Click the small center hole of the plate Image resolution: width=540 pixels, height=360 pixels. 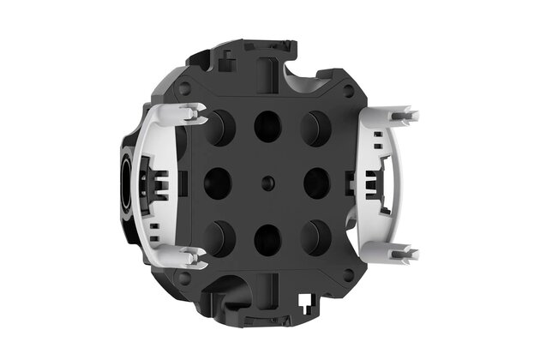tap(267, 183)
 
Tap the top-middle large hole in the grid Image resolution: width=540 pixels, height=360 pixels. tap(267, 126)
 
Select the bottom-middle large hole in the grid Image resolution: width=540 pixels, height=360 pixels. tap(267, 239)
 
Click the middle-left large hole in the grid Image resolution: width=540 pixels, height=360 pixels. tap(217, 183)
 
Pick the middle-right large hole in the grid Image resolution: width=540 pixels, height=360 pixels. tap(317, 183)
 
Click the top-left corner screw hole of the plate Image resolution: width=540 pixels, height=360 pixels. tap(184, 88)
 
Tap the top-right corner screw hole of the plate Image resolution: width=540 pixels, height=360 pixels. tap(349, 88)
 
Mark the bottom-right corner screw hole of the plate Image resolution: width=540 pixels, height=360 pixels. tap(349, 276)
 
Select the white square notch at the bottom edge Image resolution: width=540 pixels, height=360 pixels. tap(306, 298)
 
